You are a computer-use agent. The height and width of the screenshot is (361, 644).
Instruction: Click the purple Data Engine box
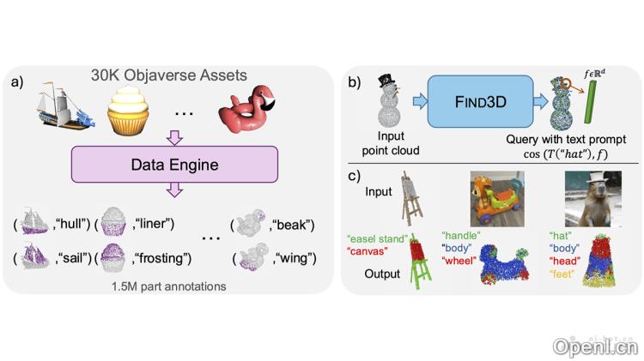pyautogui.click(x=174, y=164)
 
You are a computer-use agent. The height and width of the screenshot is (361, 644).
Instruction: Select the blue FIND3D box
pyautogui.click(x=481, y=101)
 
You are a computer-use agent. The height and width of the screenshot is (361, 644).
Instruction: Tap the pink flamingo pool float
pyautogui.click(x=246, y=108)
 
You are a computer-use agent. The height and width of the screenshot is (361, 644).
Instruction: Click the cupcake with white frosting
pyautogui.click(x=128, y=110)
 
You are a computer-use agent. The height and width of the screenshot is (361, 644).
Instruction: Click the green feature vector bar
pyautogui.click(x=589, y=101)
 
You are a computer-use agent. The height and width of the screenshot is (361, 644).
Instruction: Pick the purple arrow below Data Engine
pyautogui.click(x=174, y=190)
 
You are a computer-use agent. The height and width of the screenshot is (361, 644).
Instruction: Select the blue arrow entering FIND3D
pyautogui.click(x=420, y=101)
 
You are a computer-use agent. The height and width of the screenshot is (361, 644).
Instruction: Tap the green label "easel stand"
pyautogui.click(x=378, y=238)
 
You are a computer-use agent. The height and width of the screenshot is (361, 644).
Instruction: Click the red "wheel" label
pyautogui.click(x=459, y=260)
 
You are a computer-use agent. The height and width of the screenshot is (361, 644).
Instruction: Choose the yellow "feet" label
pyautogui.click(x=562, y=274)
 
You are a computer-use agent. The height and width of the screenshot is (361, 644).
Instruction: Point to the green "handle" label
pyautogui.click(x=461, y=236)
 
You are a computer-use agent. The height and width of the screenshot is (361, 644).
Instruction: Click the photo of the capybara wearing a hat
pyautogui.click(x=593, y=199)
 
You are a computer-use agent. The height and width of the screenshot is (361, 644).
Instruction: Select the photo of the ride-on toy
pyautogui.click(x=497, y=199)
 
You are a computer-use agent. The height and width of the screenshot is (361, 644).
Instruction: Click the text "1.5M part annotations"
pyautogui.click(x=169, y=286)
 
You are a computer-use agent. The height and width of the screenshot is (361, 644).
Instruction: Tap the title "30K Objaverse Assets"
pyautogui.click(x=169, y=75)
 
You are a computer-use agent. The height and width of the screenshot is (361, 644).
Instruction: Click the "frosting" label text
pyautogui.click(x=161, y=258)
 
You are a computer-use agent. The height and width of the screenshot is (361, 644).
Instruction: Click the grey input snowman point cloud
pyautogui.click(x=388, y=100)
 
